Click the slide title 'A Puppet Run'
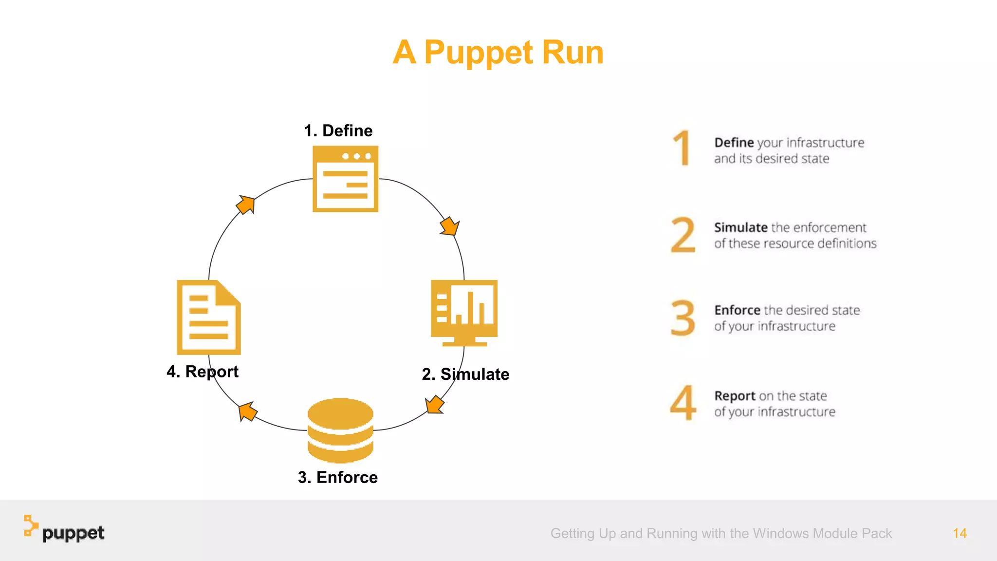click(498, 52)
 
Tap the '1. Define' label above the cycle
click(338, 131)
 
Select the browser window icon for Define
click(345, 179)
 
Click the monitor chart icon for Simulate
click(464, 312)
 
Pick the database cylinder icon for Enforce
click(340, 430)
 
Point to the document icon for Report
click(208, 317)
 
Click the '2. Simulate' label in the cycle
click(465, 374)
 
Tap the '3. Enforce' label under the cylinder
click(337, 477)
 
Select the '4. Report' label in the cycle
click(202, 372)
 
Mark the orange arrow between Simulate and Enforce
click(434, 405)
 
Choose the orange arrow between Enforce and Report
click(248, 411)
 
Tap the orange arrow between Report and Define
click(246, 205)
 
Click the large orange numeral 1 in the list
click(683, 148)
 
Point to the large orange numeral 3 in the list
click(683, 318)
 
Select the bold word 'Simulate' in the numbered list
click(740, 227)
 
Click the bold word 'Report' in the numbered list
click(735, 396)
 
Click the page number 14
click(960, 533)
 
